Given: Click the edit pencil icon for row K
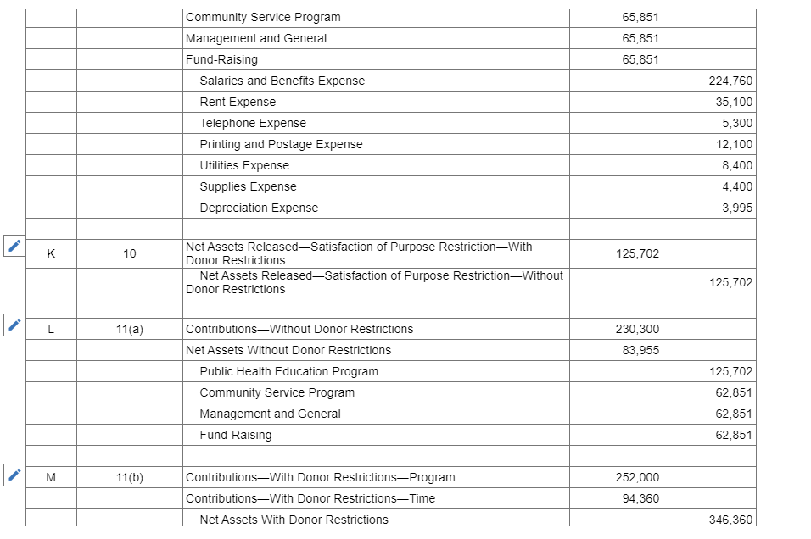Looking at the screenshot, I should (13, 247).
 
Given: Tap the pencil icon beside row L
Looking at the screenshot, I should (13, 325).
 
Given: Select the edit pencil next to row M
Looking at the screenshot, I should (13, 475).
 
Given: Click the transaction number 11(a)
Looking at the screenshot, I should (129, 329).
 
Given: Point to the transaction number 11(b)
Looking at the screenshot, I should (129, 477).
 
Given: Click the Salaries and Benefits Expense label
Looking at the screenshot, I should (282, 81).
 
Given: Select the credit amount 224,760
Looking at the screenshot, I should (730, 81).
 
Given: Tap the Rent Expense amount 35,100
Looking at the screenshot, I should (734, 102).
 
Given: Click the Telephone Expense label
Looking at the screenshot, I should (253, 123).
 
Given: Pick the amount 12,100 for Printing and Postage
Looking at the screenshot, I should (734, 144).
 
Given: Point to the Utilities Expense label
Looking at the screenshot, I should (244, 165).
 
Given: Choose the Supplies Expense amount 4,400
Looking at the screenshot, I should (737, 186).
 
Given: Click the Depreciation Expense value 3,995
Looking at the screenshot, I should (737, 208).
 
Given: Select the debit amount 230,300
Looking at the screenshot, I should (637, 329).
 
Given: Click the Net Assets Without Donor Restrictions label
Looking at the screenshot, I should (288, 350).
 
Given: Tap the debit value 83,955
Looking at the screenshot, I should (640, 350).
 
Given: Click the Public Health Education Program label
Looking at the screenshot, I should (288, 371).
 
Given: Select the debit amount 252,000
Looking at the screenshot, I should (637, 477).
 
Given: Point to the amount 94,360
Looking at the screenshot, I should (640, 498).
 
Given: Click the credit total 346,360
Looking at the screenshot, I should (730, 520).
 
